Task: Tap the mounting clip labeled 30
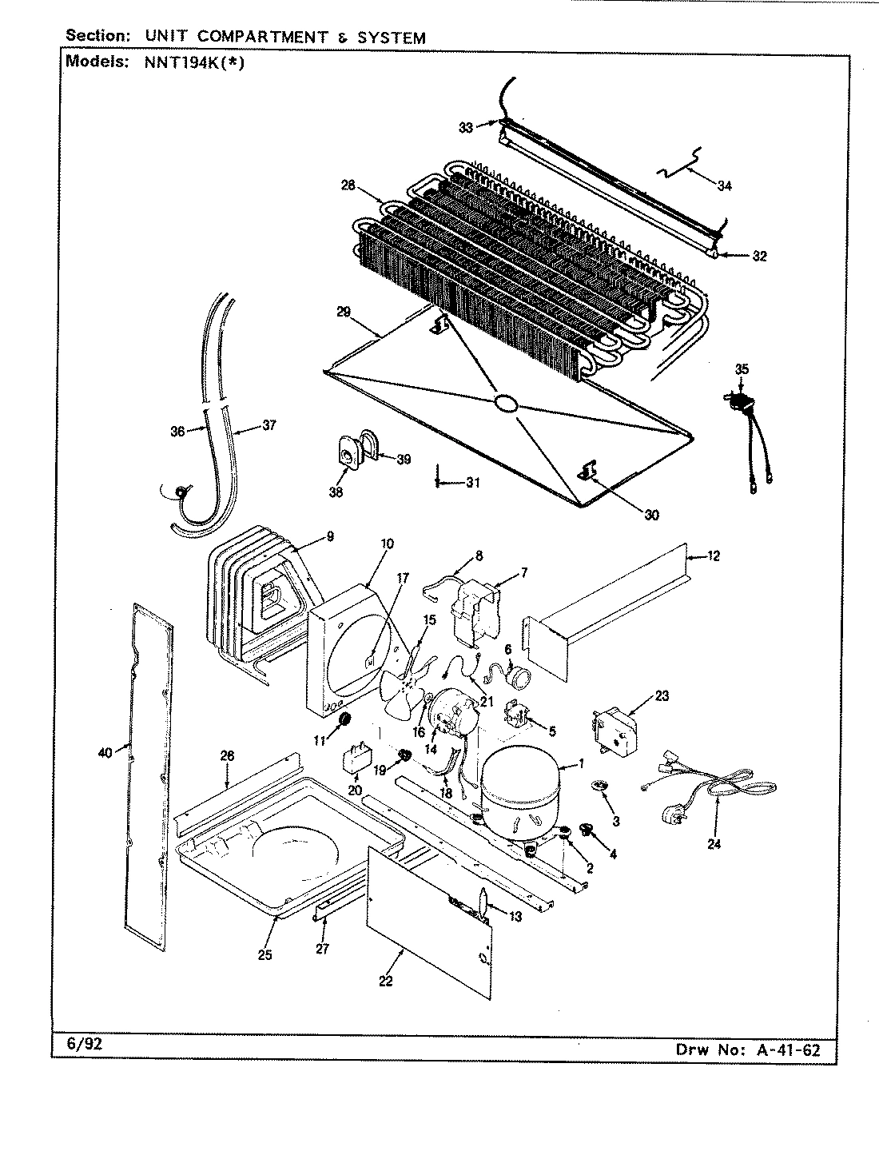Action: [589, 474]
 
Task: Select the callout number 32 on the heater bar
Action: [759, 257]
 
